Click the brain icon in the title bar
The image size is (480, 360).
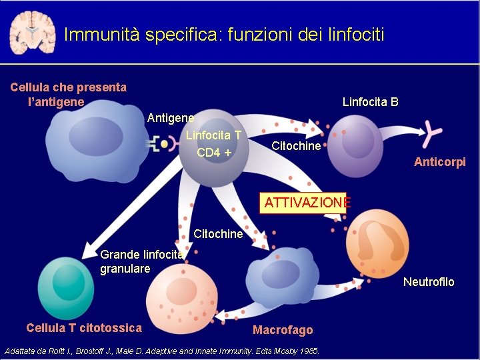click(31, 32)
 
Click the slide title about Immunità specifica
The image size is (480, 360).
click(224, 34)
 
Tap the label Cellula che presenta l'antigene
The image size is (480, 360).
click(68, 95)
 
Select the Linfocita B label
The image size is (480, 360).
click(370, 102)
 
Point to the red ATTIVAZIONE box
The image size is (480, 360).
click(305, 203)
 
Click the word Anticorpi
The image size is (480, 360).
click(439, 162)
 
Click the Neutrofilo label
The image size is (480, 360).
click(429, 282)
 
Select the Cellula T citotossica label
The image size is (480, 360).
click(84, 327)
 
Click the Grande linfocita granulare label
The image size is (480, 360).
click(141, 261)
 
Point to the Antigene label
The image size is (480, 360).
click(171, 118)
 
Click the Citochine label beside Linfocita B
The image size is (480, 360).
click(296, 146)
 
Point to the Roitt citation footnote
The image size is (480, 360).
click(162, 351)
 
